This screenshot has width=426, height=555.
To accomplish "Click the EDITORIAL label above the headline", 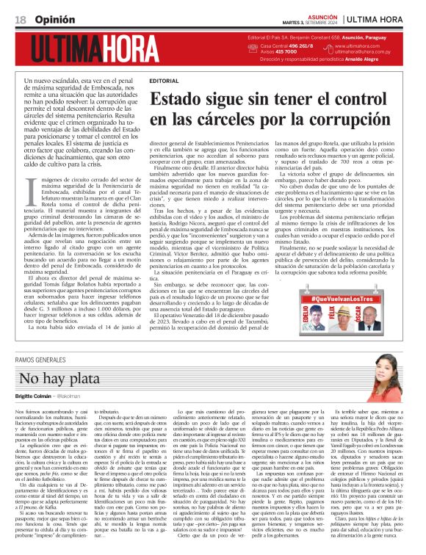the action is (x=163, y=80).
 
